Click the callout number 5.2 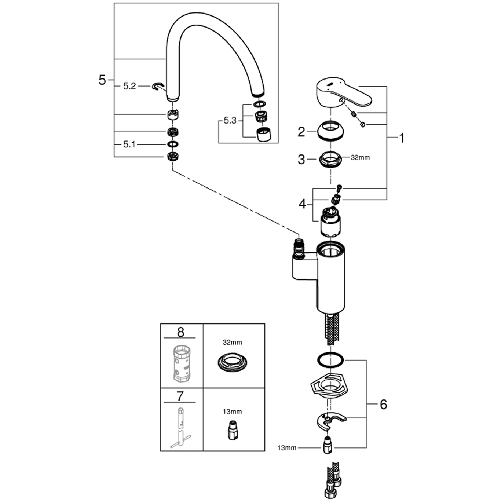tap(129, 86)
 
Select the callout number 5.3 tap(230, 121)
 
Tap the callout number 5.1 tap(129, 145)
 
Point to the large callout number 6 tap(383, 404)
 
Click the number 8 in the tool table tap(180, 332)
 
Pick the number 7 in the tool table tap(180, 396)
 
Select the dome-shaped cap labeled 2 tap(330, 130)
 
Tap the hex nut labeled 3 tap(330, 159)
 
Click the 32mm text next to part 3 tap(360, 158)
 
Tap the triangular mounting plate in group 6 tap(329, 387)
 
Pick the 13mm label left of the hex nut tap(287, 448)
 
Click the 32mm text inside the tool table tap(233, 343)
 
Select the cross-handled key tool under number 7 tap(180, 429)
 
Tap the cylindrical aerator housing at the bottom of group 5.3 tap(263, 135)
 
